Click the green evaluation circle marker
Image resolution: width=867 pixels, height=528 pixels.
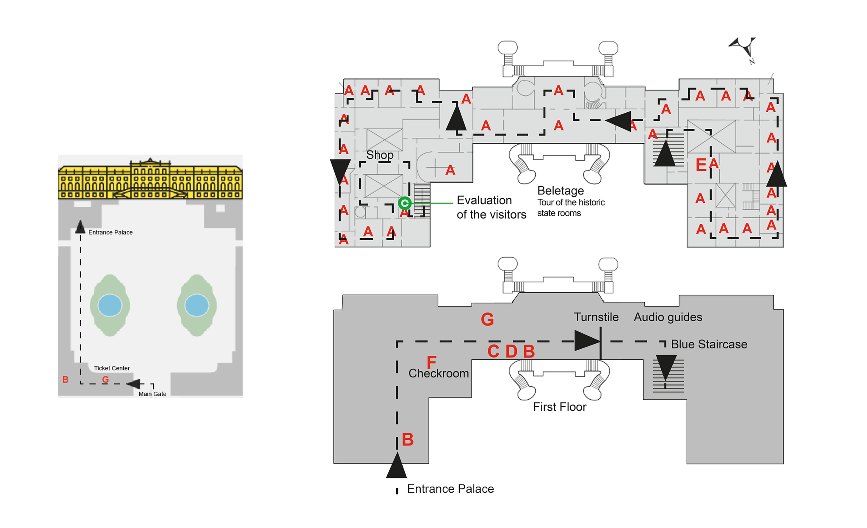coord(405,203)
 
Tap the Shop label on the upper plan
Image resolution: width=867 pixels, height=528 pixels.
coord(380,155)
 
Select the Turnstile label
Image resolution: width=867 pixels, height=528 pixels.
coord(596,317)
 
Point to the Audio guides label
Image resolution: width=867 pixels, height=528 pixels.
coord(668,317)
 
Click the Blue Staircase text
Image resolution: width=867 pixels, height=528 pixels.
coord(709,344)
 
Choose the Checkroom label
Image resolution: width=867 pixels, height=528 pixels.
coord(439,373)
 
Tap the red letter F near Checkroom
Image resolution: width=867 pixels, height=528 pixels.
coord(431,362)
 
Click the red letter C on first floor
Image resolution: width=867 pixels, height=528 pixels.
coord(493,351)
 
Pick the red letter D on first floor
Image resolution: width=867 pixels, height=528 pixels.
coord(511,351)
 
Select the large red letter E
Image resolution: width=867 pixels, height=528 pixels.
coord(701,165)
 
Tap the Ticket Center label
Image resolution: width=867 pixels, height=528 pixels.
coord(112,368)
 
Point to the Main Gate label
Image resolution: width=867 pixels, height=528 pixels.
coord(152,394)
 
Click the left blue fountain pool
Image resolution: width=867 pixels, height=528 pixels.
coord(110,305)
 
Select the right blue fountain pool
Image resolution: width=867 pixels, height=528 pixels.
coord(197,305)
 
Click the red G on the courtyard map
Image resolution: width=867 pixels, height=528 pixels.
coord(105,380)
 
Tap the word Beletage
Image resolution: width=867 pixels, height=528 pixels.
coord(561,191)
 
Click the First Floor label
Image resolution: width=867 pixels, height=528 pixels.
coord(560,407)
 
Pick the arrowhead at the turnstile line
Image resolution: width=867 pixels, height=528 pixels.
coord(587,341)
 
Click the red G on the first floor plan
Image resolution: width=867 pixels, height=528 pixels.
coord(487,319)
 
